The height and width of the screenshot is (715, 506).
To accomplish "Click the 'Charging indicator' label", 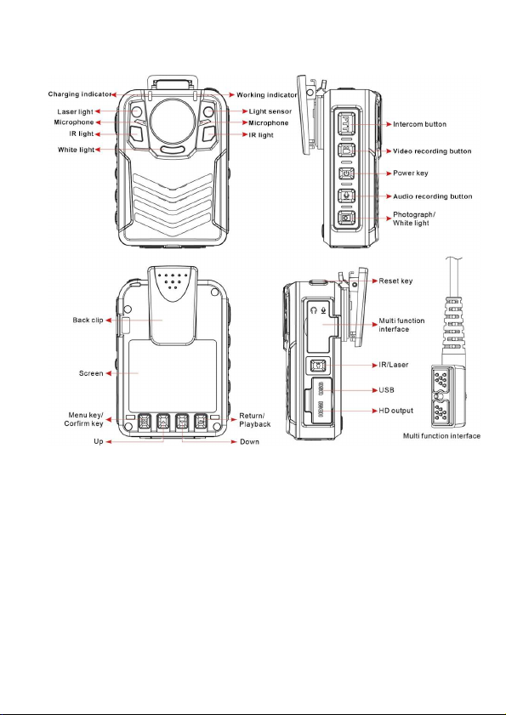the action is click(x=80, y=94).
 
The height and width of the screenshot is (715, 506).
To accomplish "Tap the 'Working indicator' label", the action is click(x=267, y=95).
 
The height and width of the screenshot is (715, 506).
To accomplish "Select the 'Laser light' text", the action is click(x=76, y=111).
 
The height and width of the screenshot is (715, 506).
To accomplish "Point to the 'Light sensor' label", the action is click(x=270, y=111).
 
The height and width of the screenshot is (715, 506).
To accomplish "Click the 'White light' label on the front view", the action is click(x=77, y=150).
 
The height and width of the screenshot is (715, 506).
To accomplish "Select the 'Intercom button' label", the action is click(x=420, y=124).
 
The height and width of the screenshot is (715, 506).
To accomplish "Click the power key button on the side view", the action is click(x=346, y=173).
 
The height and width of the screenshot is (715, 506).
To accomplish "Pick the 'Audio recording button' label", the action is click(x=433, y=196).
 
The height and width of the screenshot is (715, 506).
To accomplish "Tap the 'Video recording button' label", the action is click(x=432, y=151).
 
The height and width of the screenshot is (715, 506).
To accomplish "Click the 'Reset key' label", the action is click(x=395, y=281).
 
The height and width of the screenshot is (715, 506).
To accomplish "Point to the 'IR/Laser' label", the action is click(x=393, y=365).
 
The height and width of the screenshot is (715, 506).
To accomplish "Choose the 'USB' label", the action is click(x=386, y=390).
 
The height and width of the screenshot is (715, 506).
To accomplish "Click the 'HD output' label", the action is click(x=396, y=411).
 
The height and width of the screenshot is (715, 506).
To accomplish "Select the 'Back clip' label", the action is click(x=88, y=321).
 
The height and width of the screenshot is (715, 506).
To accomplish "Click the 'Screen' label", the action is click(x=91, y=373).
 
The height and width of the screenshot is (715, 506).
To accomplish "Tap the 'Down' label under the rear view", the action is click(x=249, y=442).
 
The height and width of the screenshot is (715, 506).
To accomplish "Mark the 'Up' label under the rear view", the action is click(x=99, y=442).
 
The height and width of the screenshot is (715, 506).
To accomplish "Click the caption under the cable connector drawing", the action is click(x=441, y=436).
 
